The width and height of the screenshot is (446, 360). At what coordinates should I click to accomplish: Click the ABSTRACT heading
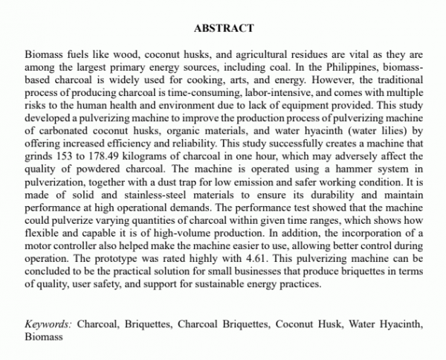point(223,28)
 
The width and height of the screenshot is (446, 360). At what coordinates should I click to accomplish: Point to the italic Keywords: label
point(48,324)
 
